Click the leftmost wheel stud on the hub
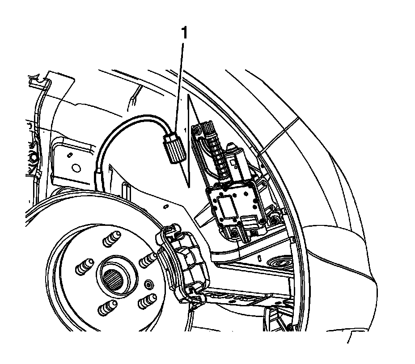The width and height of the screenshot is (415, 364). [x=83, y=267]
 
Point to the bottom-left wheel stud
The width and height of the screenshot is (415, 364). [x=106, y=308]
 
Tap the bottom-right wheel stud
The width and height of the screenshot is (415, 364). [x=146, y=302]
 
